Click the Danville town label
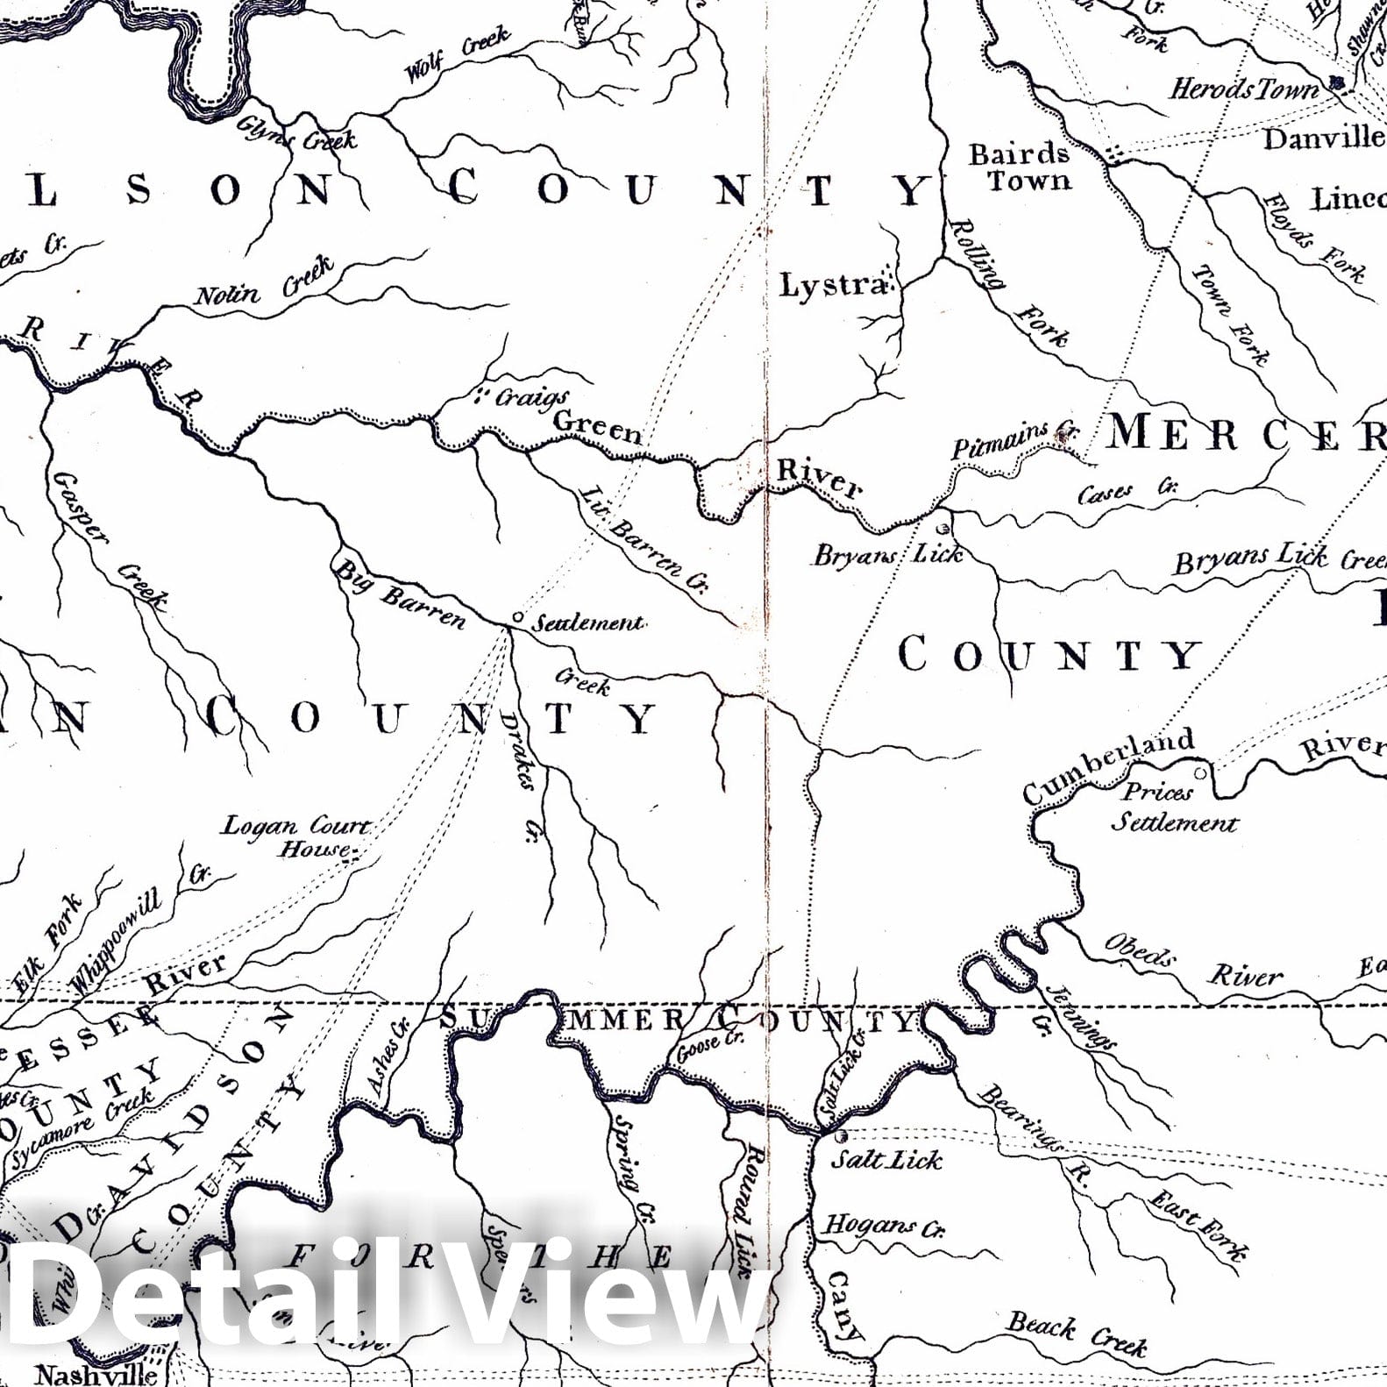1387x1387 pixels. coord(1323,138)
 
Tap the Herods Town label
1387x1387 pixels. coord(1243,89)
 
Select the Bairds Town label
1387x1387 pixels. coord(1020,167)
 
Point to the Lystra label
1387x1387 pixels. coord(834,284)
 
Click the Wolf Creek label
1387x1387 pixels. coord(457,53)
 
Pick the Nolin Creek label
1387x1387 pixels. coord(264,281)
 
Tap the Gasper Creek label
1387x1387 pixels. coord(110,540)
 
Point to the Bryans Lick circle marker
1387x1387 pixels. coord(943,529)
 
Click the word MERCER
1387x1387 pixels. coord(1245,432)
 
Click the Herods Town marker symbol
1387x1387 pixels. coord(1336,83)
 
